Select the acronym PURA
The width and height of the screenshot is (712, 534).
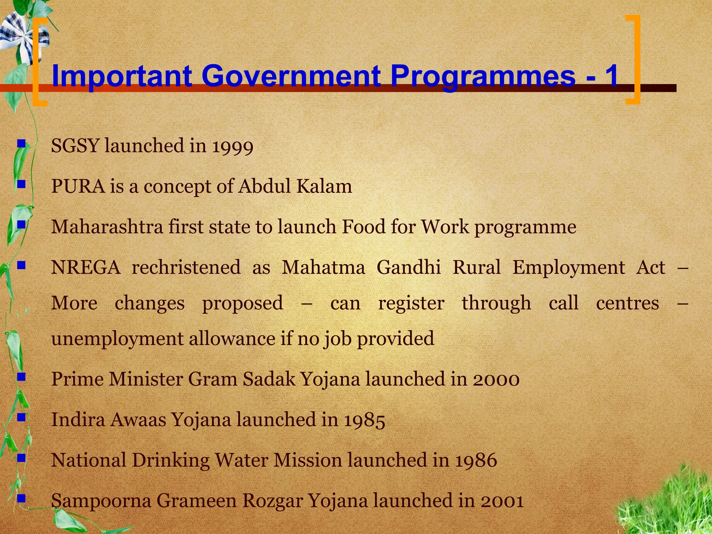tap(78, 186)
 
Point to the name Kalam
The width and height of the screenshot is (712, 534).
tap(324, 186)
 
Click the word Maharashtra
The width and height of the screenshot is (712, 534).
tap(107, 227)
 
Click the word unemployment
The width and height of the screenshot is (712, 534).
tap(117, 339)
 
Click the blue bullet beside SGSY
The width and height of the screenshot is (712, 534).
tap(22, 143)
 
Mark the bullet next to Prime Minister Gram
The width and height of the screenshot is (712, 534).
tap(22, 376)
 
